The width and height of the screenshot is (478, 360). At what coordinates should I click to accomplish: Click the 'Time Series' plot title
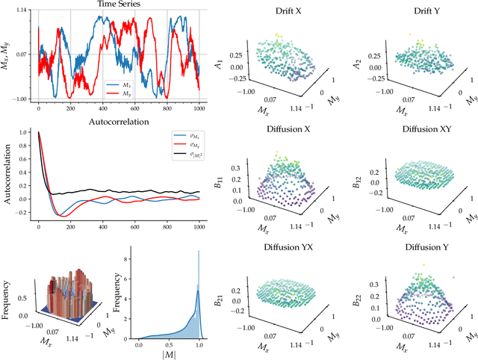pos(118,6)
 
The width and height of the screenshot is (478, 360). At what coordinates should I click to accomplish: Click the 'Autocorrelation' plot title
pos(118,120)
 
